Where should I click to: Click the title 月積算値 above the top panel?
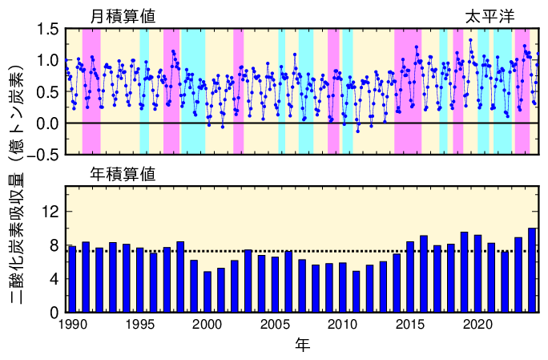123,16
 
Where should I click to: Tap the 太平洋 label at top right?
490,16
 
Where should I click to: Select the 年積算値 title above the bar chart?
123,172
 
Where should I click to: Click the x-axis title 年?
302,346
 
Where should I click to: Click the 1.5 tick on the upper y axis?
46,30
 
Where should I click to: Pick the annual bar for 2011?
356,292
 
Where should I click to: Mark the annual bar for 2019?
464,272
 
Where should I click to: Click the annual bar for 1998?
180,277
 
